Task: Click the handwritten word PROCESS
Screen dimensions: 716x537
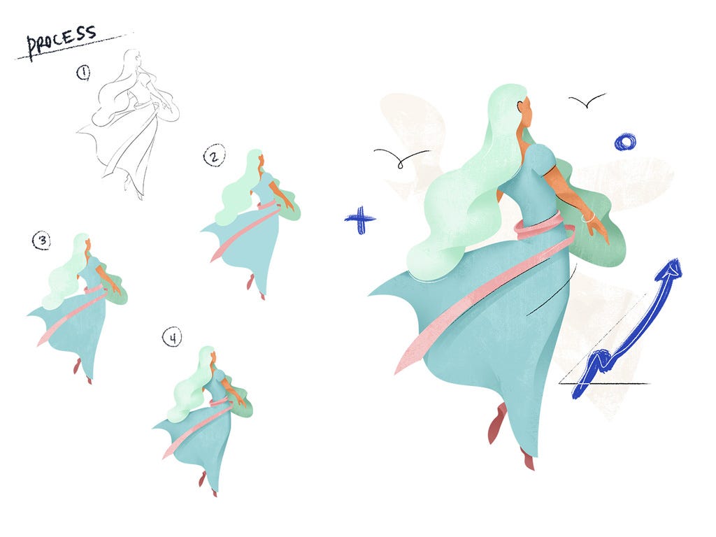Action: (x=61, y=40)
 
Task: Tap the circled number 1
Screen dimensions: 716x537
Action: (x=83, y=72)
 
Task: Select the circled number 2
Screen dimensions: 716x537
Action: (x=214, y=156)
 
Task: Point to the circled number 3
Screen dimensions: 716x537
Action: (x=41, y=241)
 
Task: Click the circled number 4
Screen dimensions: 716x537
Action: (x=172, y=338)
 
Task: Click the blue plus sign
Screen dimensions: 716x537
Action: (x=360, y=220)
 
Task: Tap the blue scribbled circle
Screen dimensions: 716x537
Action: (x=625, y=142)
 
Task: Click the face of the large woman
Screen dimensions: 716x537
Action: (x=526, y=114)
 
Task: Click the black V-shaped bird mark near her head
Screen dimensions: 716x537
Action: (x=587, y=101)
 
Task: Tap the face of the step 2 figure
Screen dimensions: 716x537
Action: (x=261, y=161)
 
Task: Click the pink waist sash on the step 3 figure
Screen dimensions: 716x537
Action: (x=94, y=289)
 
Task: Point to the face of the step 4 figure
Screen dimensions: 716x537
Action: (x=213, y=357)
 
